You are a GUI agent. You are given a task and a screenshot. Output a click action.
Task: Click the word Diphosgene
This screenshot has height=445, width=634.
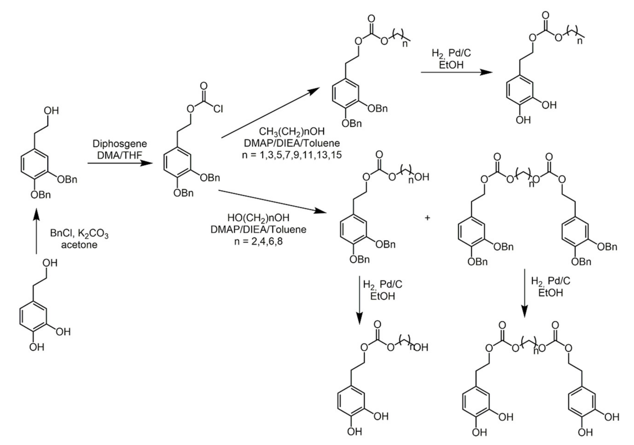point(120,144)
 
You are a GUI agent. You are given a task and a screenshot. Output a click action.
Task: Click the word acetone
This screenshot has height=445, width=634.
point(79,245)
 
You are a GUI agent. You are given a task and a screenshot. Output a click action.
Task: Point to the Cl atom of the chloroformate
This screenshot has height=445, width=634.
point(218,109)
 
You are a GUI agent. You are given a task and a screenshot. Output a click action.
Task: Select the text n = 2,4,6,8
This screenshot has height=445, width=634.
point(258,242)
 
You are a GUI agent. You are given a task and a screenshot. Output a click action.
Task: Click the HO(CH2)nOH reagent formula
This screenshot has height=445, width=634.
point(258,218)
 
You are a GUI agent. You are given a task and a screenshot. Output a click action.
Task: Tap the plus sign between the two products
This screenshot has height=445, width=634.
point(428,218)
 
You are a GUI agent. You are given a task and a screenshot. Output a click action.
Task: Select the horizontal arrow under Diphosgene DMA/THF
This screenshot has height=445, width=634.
point(120,163)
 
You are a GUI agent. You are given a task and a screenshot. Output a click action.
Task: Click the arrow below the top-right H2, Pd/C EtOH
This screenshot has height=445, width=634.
point(456,72)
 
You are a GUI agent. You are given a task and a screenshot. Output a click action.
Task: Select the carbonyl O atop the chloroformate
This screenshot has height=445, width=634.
point(204,86)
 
